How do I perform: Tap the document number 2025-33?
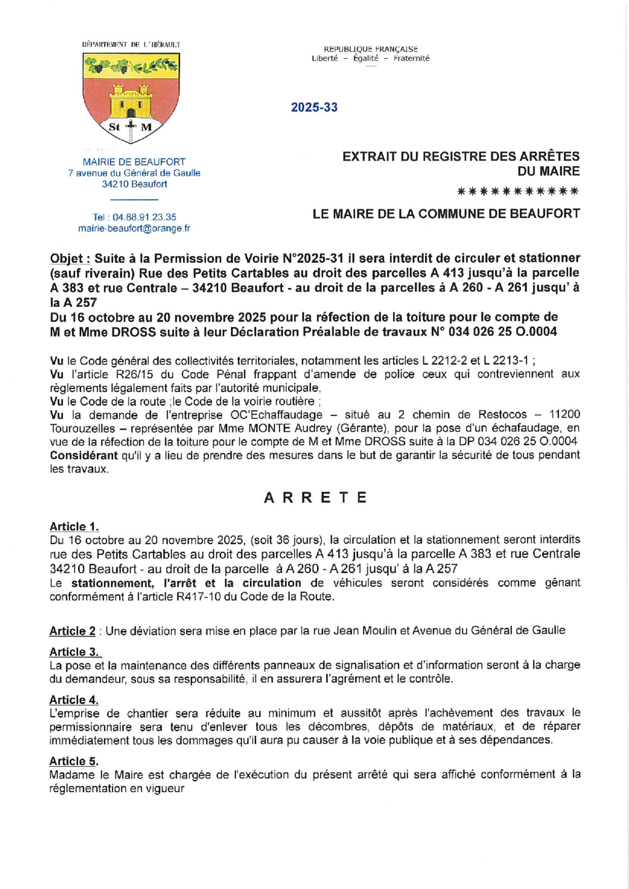click(x=314, y=107)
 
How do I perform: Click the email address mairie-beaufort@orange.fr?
click(x=134, y=228)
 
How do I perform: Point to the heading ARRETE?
click(x=315, y=497)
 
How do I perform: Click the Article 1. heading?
click(x=74, y=527)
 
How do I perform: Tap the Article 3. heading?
click(x=74, y=652)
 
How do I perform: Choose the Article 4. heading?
click(x=74, y=700)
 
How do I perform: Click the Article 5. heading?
click(x=74, y=761)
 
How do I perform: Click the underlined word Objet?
click(x=69, y=258)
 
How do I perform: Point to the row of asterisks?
click(x=518, y=192)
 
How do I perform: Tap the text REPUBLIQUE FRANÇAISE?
click(x=370, y=49)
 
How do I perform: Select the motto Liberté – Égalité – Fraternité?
click(x=370, y=58)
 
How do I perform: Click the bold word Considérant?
click(x=84, y=456)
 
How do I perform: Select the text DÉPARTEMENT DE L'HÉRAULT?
click(x=131, y=45)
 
